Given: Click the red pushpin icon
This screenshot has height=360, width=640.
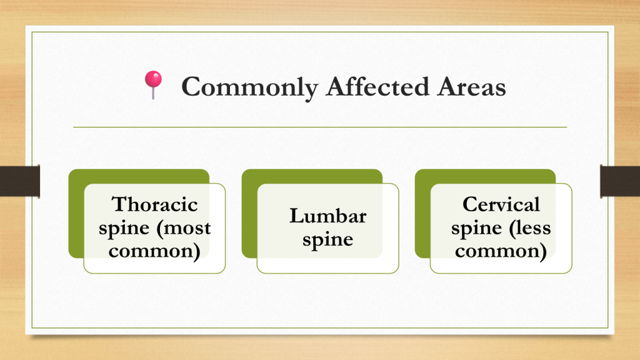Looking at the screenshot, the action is [x=154, y=84].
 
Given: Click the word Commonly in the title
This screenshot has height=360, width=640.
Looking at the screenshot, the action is [x=249, y=87].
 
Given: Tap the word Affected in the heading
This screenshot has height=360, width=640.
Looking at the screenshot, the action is [x=377, y=86].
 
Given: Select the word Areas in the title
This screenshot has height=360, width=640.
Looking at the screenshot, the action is [x=471, y=86].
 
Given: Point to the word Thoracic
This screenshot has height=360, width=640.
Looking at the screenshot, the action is [x=155, y=204].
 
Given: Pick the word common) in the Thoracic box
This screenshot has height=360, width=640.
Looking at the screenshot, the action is [x=154, y=251].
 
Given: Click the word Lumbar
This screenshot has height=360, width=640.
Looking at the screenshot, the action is [x=327, y=216].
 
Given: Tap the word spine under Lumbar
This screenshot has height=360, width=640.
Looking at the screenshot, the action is [x=327, y=240].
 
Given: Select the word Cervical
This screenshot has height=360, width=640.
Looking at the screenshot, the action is [x=501, y=204].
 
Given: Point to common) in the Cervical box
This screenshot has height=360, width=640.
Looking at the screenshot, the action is [x=501, y=251].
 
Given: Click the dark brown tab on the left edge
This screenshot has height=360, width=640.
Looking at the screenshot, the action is [x=20, y=181].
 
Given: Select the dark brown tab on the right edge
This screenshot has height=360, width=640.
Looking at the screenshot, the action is [x=620, y=181].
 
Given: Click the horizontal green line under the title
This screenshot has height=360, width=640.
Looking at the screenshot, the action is [x=320, y=127].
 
